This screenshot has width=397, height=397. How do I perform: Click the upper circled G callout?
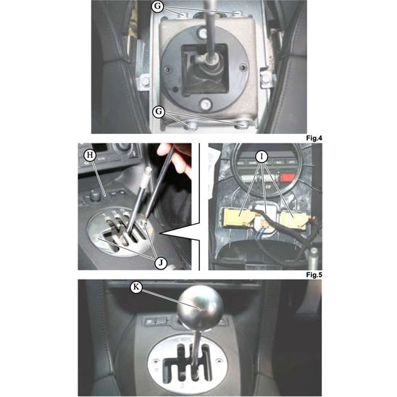pos(157,6)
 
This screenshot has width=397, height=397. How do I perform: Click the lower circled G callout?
pos(159,112)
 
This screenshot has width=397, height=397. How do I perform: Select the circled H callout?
pos(90,155)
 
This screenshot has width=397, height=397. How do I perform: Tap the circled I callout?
pos(262,157)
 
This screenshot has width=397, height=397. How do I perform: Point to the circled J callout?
pos(161,263)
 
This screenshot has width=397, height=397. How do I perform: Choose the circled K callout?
pos(136,287)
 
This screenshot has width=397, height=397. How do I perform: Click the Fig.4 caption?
pos(314,138)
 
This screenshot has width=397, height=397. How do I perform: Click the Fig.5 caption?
pos(314,275)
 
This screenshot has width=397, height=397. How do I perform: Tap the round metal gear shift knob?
pos(200,309)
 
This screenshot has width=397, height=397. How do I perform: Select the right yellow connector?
pos(295,220)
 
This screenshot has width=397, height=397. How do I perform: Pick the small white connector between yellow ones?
pos(264,223)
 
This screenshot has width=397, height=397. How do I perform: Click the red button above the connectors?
pos(287,177)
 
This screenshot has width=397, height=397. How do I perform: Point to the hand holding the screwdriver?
pos(175,157)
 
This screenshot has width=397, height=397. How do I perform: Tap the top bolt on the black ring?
pos(203,33)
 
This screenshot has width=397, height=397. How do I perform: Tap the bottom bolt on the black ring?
pos(205,104)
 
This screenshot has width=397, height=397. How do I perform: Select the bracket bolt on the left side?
pos(145,81)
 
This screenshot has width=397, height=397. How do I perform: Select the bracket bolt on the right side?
pos(266,78)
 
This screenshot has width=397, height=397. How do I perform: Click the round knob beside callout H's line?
pos(95,196)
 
